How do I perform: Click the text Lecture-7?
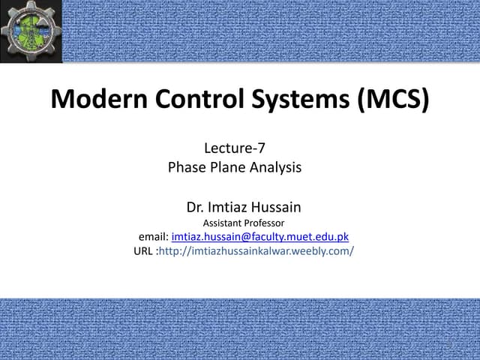(x=235, y=149)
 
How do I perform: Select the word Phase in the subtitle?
(x=187, y=167)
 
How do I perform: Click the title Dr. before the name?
(x=194, y=205)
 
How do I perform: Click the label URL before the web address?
(x=144, y=251)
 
